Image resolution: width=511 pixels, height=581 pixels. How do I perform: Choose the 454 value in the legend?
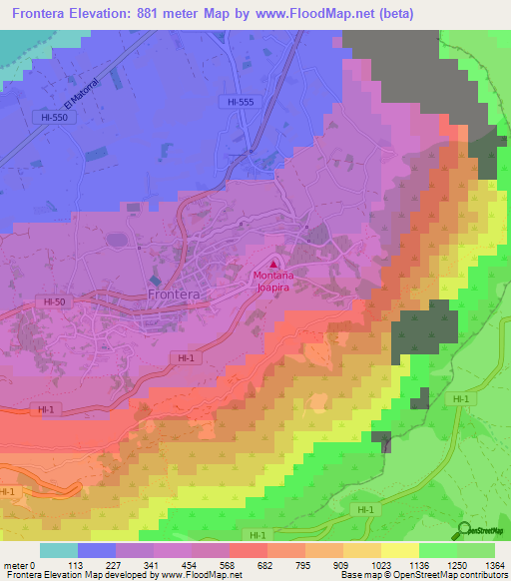(x=186, y=564)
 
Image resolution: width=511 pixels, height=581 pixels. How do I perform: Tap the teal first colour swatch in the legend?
(x=59, y=550)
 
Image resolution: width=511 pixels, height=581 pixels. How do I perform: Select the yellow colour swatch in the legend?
(x=399, y=550)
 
